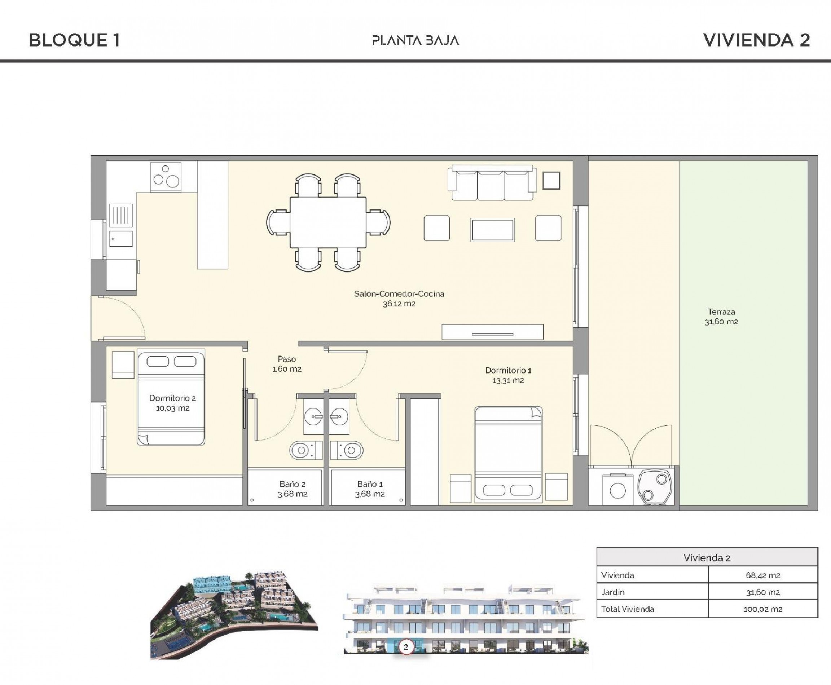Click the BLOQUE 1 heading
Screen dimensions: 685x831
click(74, 40)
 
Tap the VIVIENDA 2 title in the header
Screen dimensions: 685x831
click(756, 40)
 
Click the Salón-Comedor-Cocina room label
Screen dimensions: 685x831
click(399, 294)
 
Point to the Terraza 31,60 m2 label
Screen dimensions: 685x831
click(721, 317)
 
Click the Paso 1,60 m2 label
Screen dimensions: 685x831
click(287, 364)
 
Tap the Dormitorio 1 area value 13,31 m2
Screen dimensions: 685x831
click(508, 381)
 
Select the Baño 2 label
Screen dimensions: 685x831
click(293, 484)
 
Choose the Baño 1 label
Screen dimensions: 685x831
click(370, 484)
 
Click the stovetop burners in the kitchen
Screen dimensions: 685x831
click(166, 177)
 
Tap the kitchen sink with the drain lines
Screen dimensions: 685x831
click(121, 216)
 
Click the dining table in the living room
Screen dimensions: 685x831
click(328, 222)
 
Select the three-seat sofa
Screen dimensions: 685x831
click(492, 184)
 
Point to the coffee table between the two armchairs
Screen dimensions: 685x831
click(492, 230)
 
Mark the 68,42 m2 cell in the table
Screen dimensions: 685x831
click(763, 575)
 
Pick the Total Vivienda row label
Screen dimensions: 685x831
click(628, 609)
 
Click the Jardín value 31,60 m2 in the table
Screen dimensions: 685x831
click(763, 592)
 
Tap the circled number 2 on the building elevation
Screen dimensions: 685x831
click(406, 647)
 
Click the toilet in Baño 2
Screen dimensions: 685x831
click(305, 450)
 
